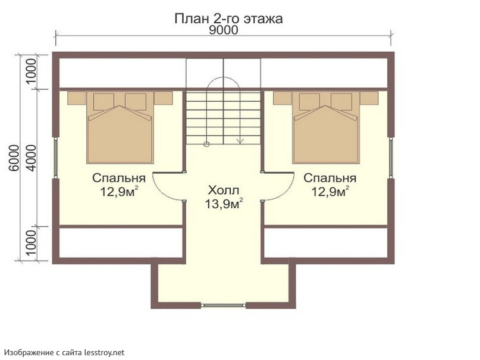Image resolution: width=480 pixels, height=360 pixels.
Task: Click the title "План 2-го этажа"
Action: coord(228,18)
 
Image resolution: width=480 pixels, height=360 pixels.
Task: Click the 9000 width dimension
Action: coord(223,30)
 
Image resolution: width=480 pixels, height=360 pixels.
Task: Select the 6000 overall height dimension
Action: coord(14,158)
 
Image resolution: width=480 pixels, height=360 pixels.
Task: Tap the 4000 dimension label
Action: coord(31,158)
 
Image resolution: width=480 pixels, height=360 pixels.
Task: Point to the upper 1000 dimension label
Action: coord(31,71)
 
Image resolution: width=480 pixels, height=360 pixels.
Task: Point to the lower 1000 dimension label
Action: coord(31,243)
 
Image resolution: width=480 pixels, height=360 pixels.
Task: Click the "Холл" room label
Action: coord(223,190)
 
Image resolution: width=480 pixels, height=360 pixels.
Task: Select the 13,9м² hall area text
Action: coord(224,204)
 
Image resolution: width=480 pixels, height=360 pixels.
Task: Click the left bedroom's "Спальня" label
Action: coord(119,178)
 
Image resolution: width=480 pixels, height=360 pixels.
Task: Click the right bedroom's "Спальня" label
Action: coord(330,178)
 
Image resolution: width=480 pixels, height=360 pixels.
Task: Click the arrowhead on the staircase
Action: coord(240,141)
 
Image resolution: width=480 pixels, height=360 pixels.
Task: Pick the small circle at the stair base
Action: coord(206,144)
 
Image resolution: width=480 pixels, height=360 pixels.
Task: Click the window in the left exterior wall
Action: coord(56,158)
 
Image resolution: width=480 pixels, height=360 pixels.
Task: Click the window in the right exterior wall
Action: coord(391,158)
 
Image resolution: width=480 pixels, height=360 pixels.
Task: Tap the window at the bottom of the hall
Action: coord(223,305)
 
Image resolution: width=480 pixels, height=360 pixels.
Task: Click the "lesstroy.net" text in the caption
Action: coord(105,353)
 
